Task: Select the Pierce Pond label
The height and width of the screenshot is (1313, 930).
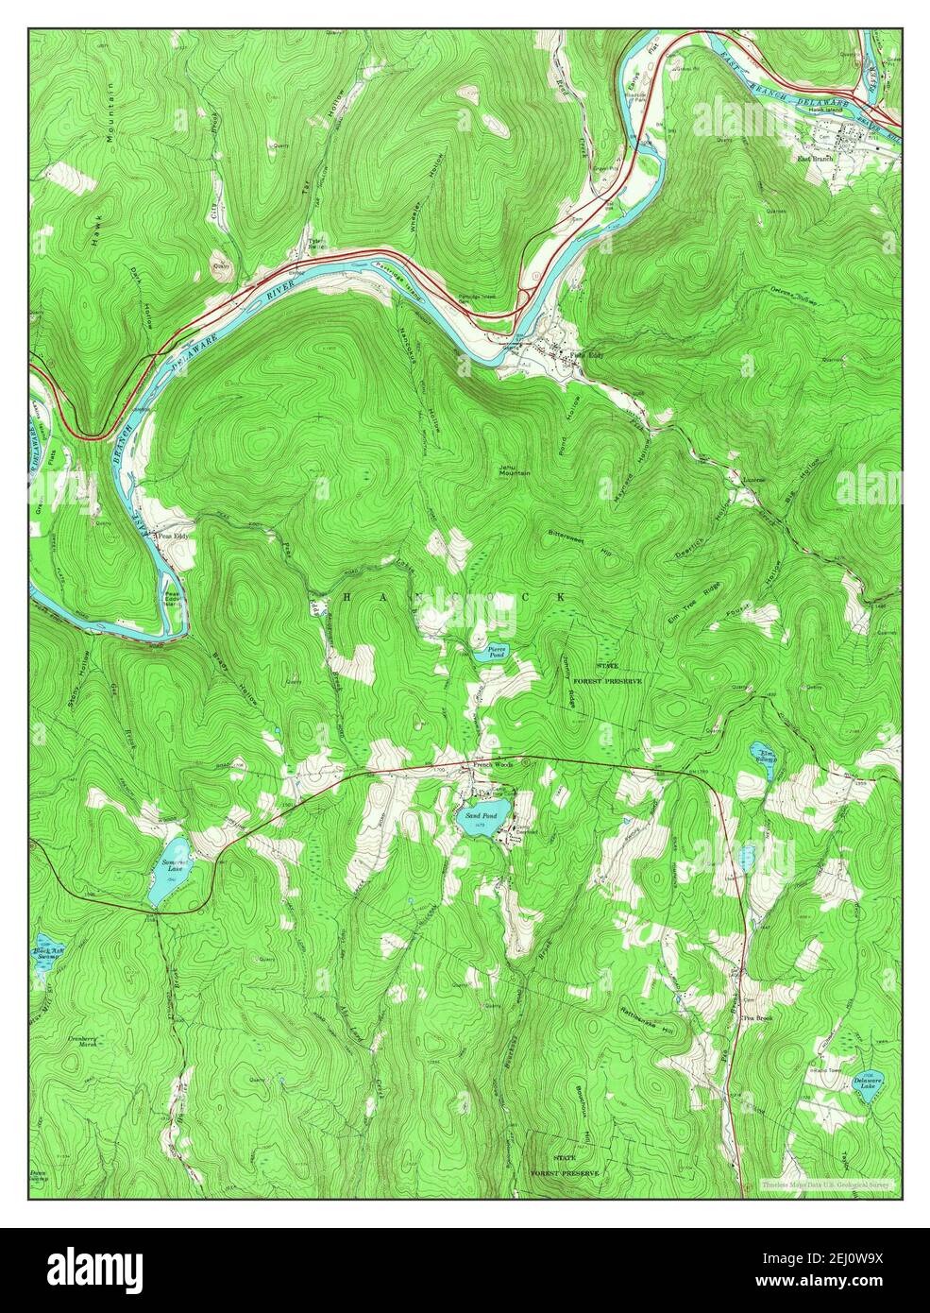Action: [497, 651]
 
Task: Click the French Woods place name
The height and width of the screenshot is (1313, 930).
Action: [492, 764]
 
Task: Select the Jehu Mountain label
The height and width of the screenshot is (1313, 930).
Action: [515, 471]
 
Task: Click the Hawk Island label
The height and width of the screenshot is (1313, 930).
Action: [824, 110]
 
